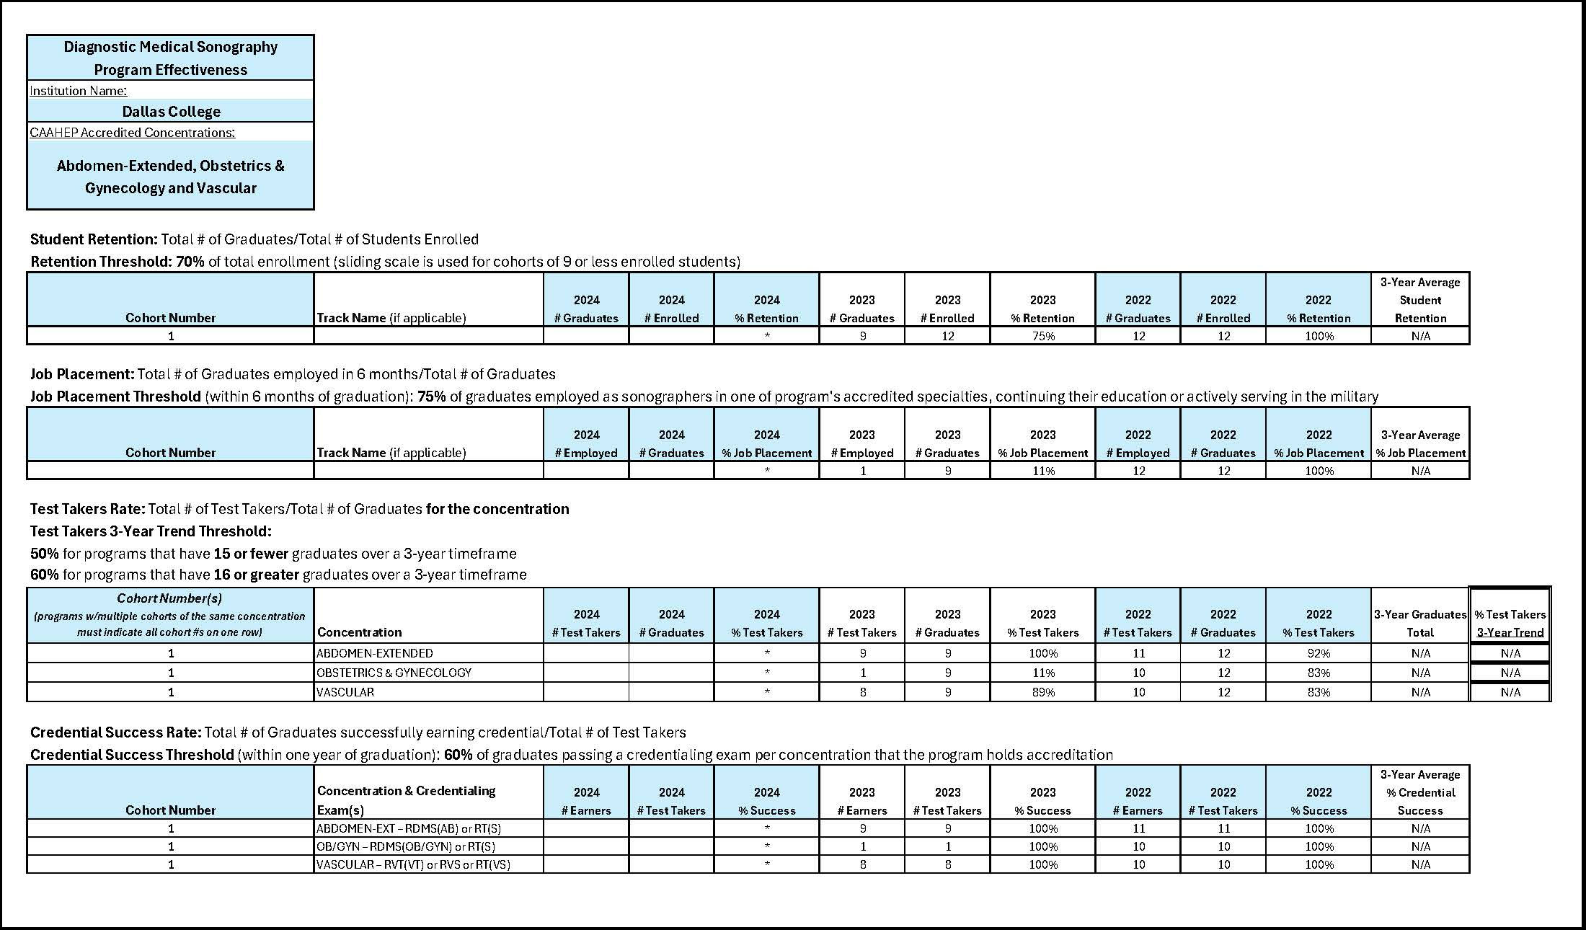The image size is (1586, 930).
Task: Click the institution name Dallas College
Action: [171, 112]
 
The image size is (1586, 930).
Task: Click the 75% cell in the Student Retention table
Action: [1042, 336]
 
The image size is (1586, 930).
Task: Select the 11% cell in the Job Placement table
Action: [1042, 471]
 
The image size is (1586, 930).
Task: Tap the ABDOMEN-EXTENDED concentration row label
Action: [375, 653]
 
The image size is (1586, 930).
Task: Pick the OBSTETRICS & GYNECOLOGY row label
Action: [394, 673]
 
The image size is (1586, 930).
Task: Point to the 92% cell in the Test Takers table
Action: [1319, 653]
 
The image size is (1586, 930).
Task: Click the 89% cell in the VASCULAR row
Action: [1042, 692]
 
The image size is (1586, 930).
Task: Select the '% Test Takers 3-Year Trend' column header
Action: [1510, 624]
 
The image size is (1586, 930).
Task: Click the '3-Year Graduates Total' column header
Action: [1420, 624]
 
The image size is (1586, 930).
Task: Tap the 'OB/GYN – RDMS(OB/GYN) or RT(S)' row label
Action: [406, 846]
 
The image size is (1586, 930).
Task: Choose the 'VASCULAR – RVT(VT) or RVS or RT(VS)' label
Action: [413, 864]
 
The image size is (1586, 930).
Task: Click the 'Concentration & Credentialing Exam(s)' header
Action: [407, 800]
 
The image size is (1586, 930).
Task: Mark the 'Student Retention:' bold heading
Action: [94, 239]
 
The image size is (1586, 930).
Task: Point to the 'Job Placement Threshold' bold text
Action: [115, 397]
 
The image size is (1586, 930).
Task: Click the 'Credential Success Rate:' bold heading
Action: [115, 732]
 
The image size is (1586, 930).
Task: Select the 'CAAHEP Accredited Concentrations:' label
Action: [132, 133]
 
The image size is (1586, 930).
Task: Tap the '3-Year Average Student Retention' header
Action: [1420, 300]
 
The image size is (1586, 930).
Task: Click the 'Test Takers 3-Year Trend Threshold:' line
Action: [151, 531]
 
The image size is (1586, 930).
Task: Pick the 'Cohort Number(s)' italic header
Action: [169, 598]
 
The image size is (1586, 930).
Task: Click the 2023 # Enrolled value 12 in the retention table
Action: [947, 336]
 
